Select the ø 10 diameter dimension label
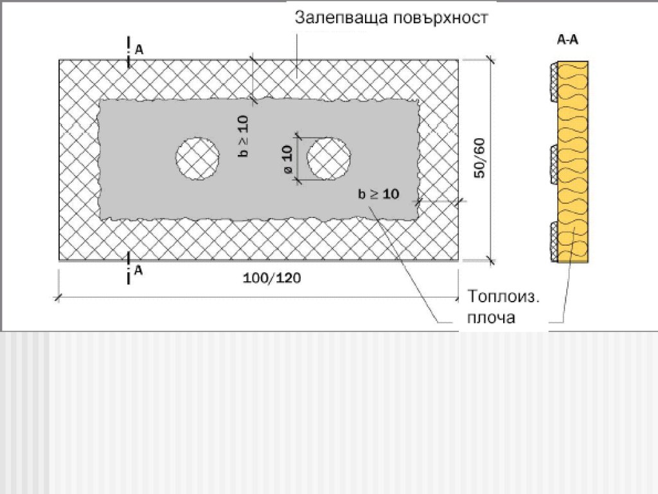coord(287,160)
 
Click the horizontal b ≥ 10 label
coord(378,194)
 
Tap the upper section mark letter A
coord(139,49)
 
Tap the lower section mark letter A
coord(139,271)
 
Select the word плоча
coord(492,318)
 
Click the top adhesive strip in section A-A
coord(554,81)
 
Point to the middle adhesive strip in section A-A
coord(554,167)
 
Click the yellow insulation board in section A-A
coord(575,161)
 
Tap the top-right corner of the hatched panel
coord(458,60)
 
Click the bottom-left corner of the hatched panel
coord(60,261)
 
